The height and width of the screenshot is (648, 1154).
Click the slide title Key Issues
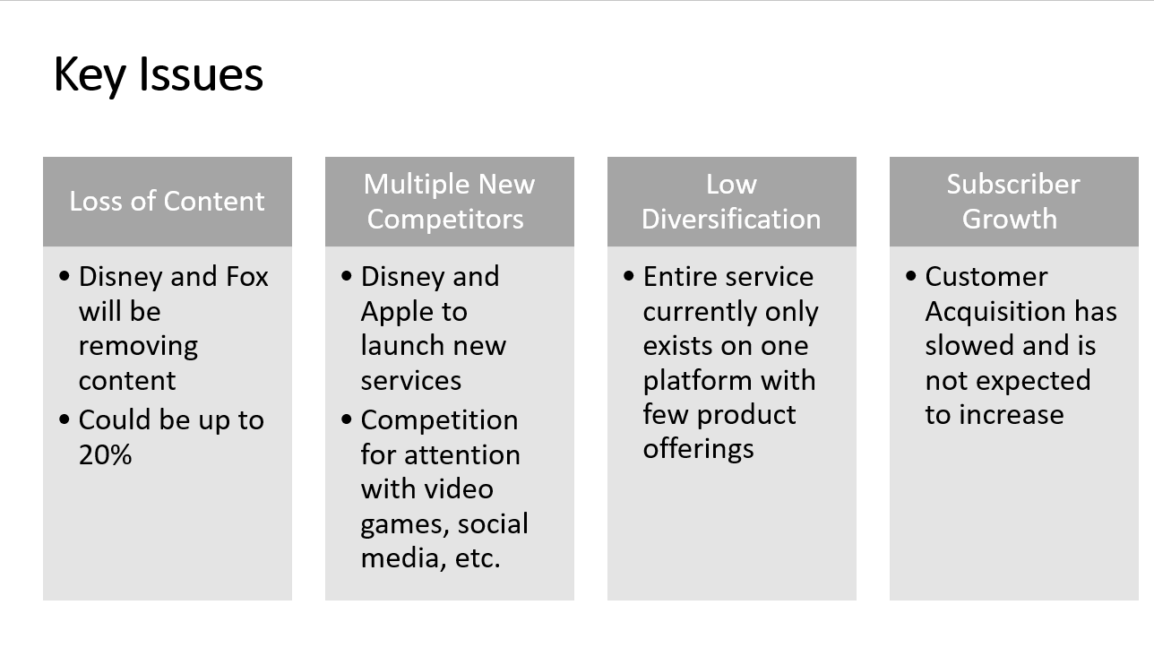tap(159, 75)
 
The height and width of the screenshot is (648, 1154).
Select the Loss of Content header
tap(167, 201)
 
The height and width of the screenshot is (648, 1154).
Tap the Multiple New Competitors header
tap(449, 201)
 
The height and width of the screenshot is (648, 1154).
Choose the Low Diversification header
tap(731, 201)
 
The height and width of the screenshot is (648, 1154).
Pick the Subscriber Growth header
tap(1013, 201)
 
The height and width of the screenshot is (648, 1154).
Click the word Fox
tap(247, 277)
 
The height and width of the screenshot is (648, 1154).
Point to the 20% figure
tap(105, 454)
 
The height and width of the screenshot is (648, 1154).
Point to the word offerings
tap(698, 449)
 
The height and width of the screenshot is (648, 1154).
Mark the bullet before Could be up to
tap(65, 419)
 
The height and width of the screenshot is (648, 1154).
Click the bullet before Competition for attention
tap(347, 419)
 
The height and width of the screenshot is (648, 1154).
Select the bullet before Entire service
tap(629, 276)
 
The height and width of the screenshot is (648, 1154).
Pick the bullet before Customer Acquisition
tap(911, 276)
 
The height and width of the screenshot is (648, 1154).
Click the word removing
tap(138, 347)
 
